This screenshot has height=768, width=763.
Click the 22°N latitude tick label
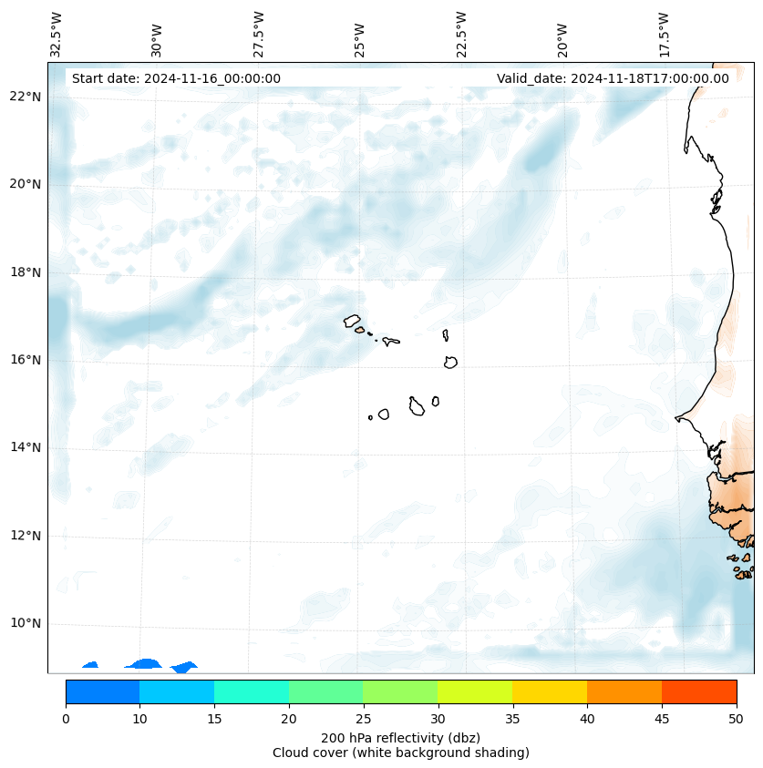coord(26,97)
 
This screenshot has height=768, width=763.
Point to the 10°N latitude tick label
coord(26,624)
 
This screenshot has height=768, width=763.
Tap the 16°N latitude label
coord(26,360)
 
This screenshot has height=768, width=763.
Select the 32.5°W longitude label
coord(57,35)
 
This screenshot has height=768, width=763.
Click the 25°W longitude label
coord(360,40)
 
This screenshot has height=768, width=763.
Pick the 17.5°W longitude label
coord(664,35)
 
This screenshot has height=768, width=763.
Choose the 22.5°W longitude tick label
coord(461,35)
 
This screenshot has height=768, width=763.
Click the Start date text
coord(176,78)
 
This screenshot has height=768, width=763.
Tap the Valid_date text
coord(613,78)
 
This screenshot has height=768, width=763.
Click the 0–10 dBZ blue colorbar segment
coord(102,691)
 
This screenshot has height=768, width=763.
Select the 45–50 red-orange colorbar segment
coord(699,691)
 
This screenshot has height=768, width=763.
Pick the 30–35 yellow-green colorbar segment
coord(475,691)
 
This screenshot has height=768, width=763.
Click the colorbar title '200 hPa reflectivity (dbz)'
coord(400,737)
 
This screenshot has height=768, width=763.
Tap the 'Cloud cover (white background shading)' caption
coord(400,753)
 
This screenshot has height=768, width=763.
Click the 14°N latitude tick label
coord(26,447)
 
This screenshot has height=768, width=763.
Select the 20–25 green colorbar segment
coord(325,691)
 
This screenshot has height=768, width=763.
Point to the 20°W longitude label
coord(562,40)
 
